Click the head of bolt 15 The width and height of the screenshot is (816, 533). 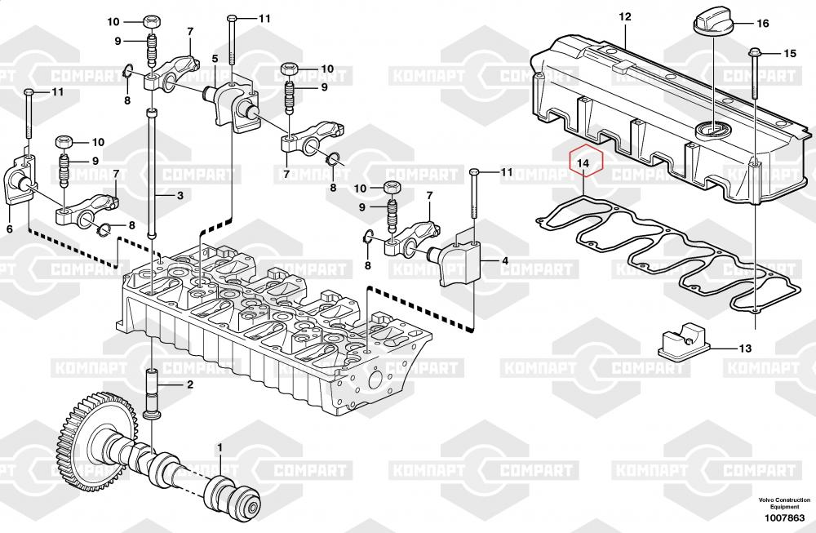point(752,54)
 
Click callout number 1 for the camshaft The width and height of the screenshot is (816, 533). point(220,447)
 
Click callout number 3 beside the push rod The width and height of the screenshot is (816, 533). point(180,196)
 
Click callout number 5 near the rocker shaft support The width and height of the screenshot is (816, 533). point(215,59)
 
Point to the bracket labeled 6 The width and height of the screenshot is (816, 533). point(18,181)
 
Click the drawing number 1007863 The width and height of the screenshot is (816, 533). point(783,517)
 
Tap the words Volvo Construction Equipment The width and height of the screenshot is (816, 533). point(783,502)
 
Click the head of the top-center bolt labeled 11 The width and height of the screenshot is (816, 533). point(232,18)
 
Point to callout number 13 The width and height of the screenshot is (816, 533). point(745,349)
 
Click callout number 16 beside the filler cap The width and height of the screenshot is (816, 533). point(763,24)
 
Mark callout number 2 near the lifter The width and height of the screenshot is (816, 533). point(189,384)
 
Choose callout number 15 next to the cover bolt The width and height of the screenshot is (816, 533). point(789,54)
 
